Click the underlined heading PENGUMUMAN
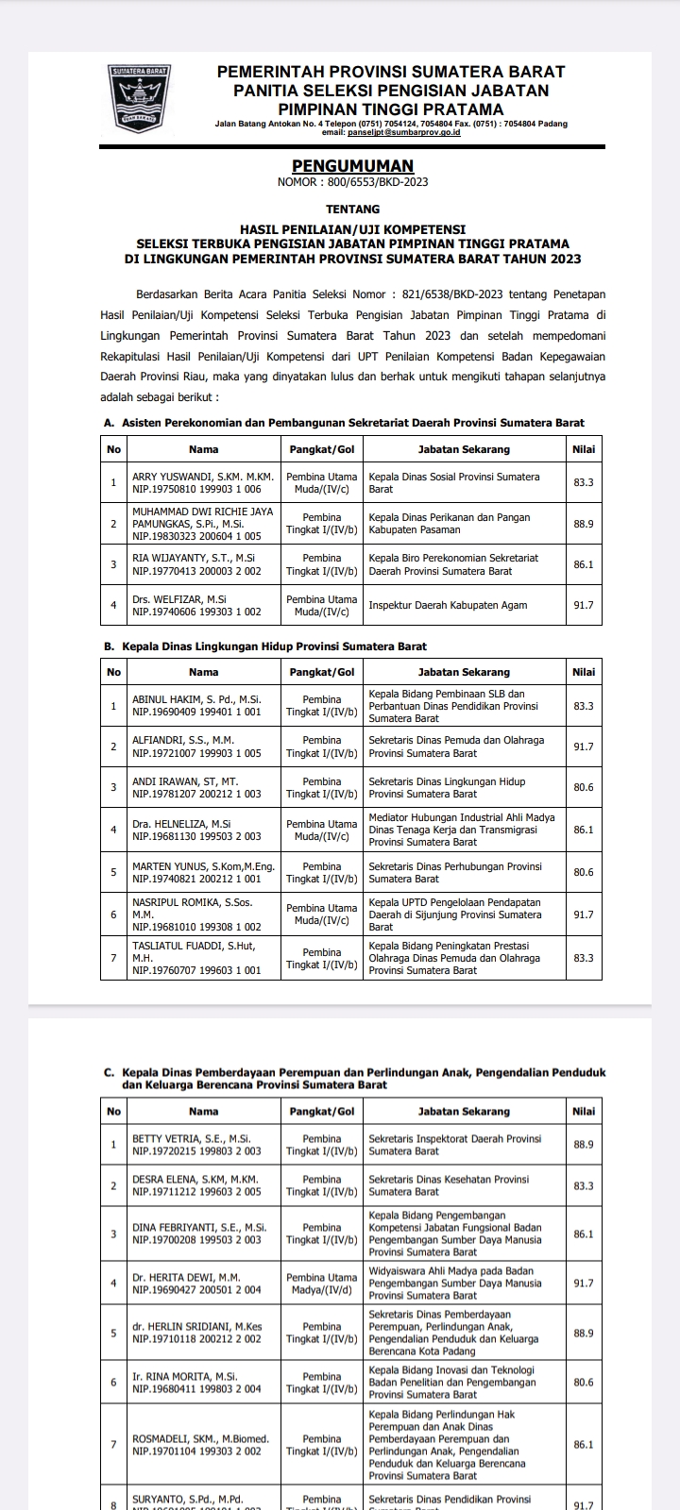click(x=352, y=166)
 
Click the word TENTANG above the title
click(x=352, y=209)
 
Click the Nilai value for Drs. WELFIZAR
click(x=584, y=605)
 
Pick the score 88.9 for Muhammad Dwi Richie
click(x=584, y=523)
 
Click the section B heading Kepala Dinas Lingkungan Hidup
click(x=274, y=646)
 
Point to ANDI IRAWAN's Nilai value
click(x=584, y=787)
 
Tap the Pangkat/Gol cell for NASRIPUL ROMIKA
click(x=322, y=914)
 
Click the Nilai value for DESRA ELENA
click(x=584, y=1185)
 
